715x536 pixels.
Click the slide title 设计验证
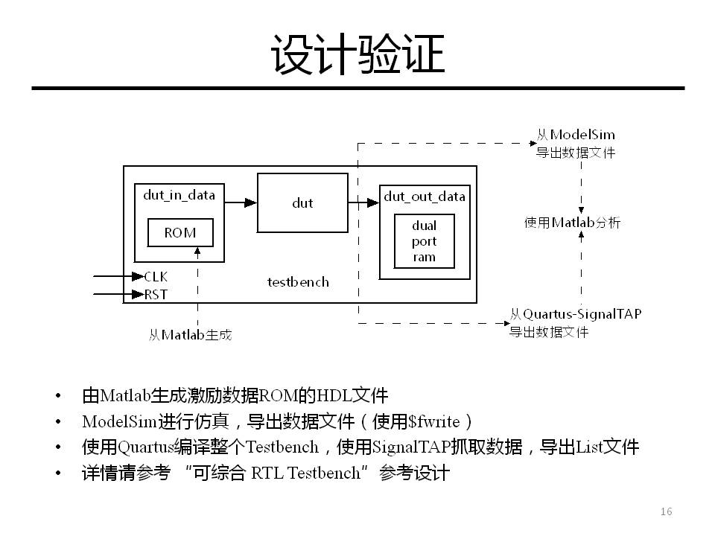click(357, 55)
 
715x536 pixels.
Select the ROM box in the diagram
click(180, 233)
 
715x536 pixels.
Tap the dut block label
click(302, 202)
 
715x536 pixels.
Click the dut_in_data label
click(179, 196)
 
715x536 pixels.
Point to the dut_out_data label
click(425, 197)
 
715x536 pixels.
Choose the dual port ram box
click(425, 242)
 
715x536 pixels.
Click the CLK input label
click(156, 277)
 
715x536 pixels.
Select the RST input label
click(156, 295)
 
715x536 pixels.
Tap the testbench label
click(298, 282)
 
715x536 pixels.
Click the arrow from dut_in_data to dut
click(240, 201)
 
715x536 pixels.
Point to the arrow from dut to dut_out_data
click(363, 202)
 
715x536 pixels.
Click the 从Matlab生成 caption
click(191, 336)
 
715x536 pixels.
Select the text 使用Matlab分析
click(572, 223)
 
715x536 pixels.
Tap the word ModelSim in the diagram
click(582, 135)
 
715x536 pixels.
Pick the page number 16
click(666, 511)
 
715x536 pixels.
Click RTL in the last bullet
click(267, 473)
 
